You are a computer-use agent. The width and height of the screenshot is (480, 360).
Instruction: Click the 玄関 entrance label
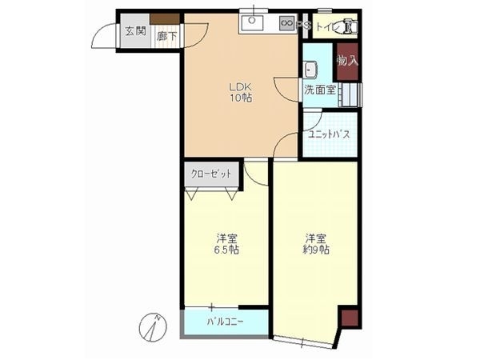[135, 32]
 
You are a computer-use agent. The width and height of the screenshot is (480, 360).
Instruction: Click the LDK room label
[241, 87]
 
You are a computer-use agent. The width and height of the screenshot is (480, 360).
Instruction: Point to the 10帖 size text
[241, 99]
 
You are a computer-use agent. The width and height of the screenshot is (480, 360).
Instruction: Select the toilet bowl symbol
[350, 27]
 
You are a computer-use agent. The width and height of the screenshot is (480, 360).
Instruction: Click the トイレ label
[327, 27]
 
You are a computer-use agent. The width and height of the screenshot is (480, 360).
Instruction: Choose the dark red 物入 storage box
[346, 61]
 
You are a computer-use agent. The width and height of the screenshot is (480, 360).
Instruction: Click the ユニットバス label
[328, 134]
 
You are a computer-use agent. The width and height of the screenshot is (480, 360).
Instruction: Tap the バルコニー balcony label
[226, 322]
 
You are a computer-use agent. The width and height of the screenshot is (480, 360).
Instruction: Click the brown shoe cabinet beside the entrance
[166, 18]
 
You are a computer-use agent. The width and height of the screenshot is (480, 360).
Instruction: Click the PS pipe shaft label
[303, 26]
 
